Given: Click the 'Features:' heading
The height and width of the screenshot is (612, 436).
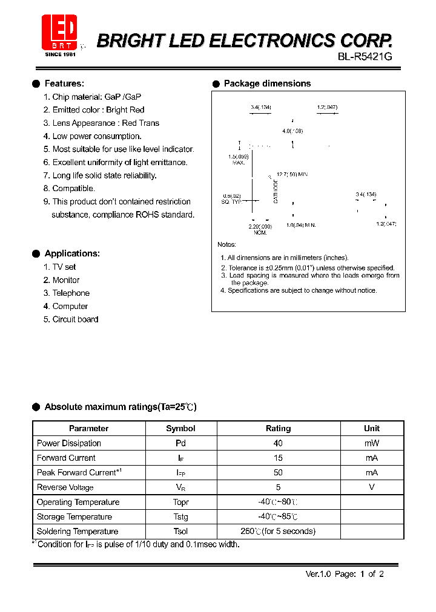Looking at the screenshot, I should [64, 83].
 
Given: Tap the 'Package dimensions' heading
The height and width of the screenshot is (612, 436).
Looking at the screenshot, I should [267, 83].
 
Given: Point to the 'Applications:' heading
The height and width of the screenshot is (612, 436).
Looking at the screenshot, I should [72, 253].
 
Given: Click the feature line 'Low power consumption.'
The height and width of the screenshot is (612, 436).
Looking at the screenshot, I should [97, 136].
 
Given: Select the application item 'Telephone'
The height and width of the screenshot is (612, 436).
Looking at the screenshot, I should [71, 293].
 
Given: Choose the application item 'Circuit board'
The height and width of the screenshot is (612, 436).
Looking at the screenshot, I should [75, 319].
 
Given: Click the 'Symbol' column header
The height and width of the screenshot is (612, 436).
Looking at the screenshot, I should [180, 428].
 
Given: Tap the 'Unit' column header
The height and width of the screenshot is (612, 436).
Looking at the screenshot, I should [372, 428].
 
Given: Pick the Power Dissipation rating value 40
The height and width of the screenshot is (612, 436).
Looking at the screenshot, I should [278, 443].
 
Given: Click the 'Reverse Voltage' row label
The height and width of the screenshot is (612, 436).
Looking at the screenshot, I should [65, 487].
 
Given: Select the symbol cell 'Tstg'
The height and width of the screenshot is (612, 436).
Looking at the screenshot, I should [180, 517].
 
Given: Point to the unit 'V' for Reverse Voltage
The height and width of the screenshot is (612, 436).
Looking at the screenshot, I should [372, 487].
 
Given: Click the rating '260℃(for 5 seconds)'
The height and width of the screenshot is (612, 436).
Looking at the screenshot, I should [278, 532].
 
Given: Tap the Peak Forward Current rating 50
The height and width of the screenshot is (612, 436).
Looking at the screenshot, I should [278, 473].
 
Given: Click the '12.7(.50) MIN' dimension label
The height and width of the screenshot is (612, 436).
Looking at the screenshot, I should [292, 175].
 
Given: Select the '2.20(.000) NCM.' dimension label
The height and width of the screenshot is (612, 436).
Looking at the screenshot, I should [260, 229].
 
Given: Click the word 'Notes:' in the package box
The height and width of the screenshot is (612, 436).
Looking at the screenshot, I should [226, 244].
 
